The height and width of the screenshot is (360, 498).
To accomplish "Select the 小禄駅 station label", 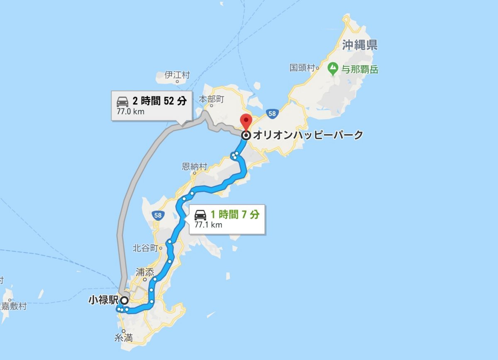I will [x=103, y=300].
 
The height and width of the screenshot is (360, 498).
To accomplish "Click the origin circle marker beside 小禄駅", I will [x=124, y=300].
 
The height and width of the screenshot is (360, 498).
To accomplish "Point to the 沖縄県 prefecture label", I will [x=360, y=45].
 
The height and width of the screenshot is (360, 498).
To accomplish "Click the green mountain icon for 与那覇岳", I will [x=333, y=68].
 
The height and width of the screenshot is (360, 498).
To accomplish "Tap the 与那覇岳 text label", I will [x=360, y=70].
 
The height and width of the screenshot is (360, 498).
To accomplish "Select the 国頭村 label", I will [x=302, y=68].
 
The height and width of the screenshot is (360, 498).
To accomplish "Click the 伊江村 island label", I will [x=177, y=75].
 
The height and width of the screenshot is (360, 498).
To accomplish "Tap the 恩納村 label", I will [x=194, y=167].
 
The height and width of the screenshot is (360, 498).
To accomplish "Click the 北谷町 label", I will [x=145, y=248].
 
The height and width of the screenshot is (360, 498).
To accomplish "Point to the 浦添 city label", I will [x=145, y=273].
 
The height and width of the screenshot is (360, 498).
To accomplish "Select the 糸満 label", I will [x=124, y=339].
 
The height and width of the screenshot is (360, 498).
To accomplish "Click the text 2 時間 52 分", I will [x=159, y=100].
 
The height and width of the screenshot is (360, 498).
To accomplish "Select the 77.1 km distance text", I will [x=208, y=225].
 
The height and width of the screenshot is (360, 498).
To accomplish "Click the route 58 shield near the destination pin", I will [x=272, y=113].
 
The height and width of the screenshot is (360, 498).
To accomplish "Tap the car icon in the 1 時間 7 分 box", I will [x=200, y=215].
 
